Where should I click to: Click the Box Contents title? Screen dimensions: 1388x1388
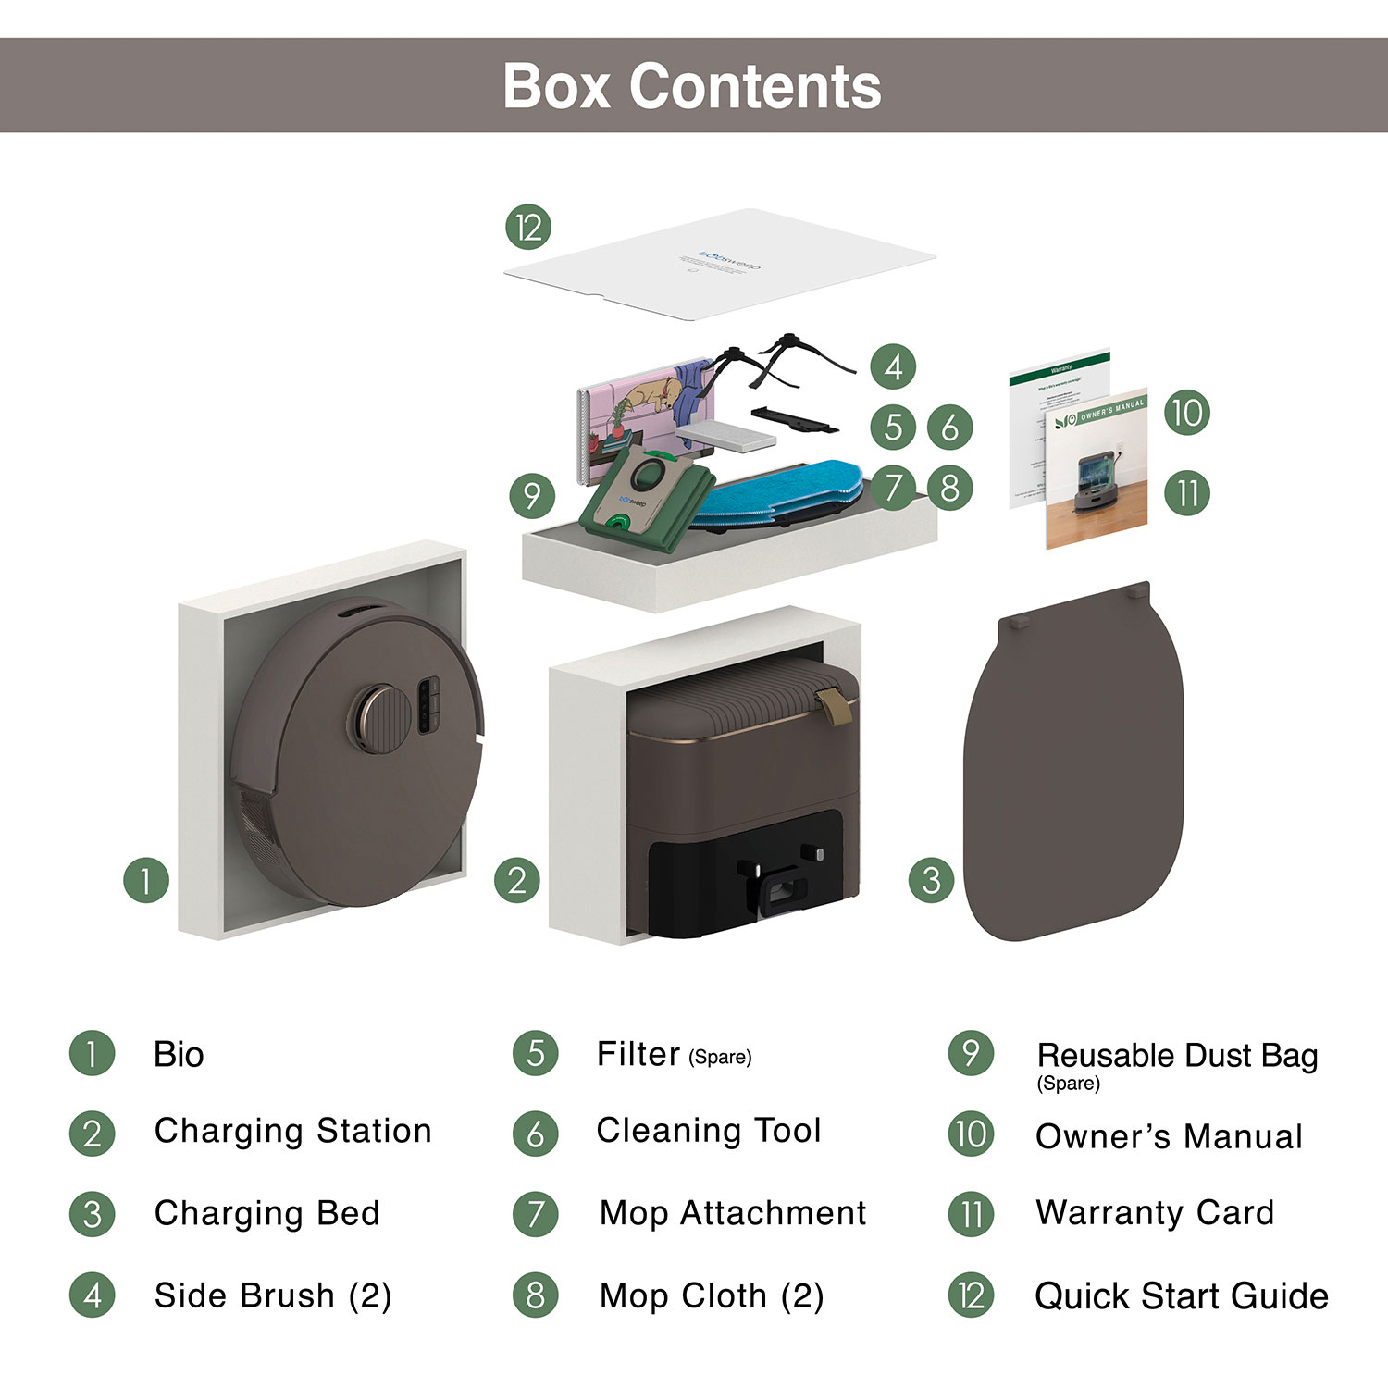click(x=691, y=86)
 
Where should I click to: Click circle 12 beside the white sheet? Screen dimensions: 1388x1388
click(x=528, y=228)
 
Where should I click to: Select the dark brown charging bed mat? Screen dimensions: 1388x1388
click(x=1073, y=768)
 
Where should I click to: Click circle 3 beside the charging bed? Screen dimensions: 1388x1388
click(x=931, y=880)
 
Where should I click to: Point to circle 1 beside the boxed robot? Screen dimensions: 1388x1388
click(x=145, y=880)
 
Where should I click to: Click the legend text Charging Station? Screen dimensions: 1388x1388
click(x=292, y=1131)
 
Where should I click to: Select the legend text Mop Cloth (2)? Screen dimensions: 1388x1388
click(x=711, y=1295)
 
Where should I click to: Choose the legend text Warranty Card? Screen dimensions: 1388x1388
click(x=1155, y=1212)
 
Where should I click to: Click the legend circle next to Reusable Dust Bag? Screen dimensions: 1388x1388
click(x=971, y=1053)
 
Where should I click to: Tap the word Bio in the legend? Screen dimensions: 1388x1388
click(x=179, y=1055)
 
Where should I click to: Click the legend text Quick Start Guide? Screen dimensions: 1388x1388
click(x=1181, y=1295)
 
